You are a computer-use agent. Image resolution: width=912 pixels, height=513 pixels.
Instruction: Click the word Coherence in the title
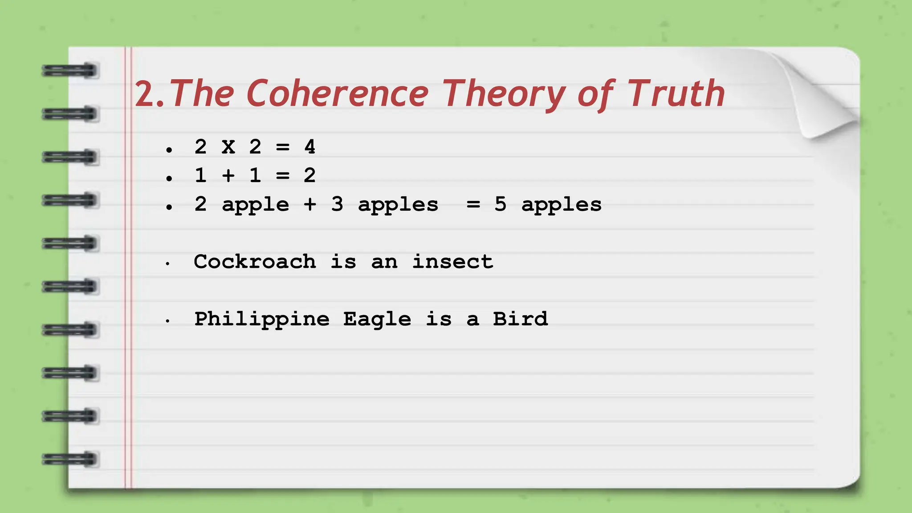[x=337, y=94]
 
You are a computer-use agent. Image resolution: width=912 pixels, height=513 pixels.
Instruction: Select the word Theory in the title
[x=503, y=94]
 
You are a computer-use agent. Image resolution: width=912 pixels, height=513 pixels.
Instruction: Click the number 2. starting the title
[x=149, y=94]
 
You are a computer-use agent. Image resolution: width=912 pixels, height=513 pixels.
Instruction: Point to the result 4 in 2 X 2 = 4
[x=310, y=147]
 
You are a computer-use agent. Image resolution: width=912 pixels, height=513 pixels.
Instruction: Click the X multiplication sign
[x=228, y=147]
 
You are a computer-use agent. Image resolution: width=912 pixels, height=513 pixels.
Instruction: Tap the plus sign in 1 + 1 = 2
[x=228, y=175]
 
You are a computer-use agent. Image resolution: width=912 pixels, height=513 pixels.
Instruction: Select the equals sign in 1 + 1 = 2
[x=282, y=175]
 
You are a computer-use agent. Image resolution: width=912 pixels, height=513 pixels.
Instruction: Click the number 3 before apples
[x=337, y=204]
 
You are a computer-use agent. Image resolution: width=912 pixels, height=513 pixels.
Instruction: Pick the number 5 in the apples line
[x=501, y=204]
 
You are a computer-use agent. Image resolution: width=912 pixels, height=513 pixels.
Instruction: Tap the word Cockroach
[x=255, y=261]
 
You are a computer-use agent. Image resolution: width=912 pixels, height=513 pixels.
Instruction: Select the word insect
[x=452, y=261]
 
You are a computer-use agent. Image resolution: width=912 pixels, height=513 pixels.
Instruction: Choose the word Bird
[x=520, y=319]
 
